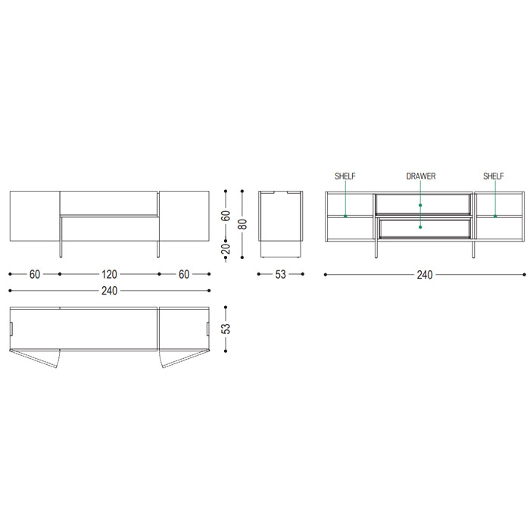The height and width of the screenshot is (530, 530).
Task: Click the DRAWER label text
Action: click(x=421, y=176)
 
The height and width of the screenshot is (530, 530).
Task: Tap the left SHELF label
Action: click(x=345, y=176)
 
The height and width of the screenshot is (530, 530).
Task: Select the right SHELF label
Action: click(x=494, y=176)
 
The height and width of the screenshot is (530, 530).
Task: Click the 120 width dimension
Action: click(x=109, y=274)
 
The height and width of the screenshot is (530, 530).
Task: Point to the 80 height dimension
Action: click(x=243, y=224)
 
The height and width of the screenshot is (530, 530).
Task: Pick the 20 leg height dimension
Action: click(x=226, y=249)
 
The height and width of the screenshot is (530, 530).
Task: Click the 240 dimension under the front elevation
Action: click(x=109, y=291)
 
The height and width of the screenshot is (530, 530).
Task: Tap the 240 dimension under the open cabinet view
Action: click(x=425, y=275)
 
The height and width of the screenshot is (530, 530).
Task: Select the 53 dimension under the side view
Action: click(x=281, y=274)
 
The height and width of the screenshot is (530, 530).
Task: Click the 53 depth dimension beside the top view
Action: click(x=226, y=329)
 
